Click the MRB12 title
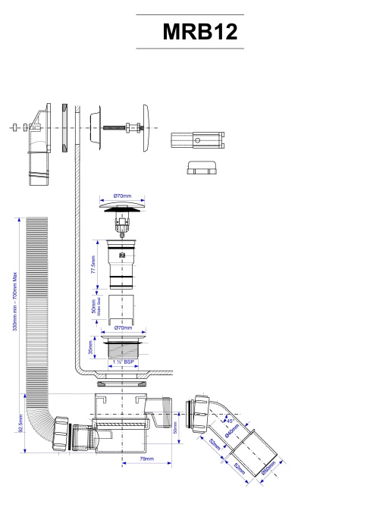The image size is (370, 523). (x=200, y=32)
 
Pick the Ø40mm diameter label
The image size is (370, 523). (x=233, y=436)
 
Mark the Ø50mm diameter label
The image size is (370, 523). (x=268, y=471)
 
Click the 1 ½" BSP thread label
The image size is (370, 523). (x=124, y=362)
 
